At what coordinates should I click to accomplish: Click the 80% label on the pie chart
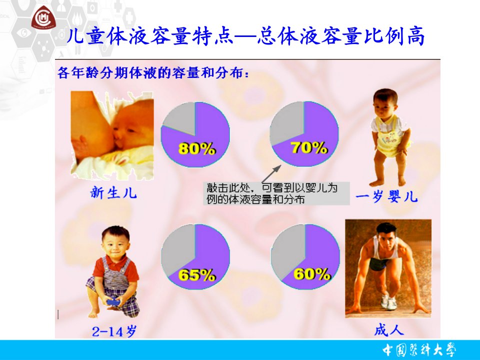(197, 149)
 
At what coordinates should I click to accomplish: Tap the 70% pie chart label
(309, 147)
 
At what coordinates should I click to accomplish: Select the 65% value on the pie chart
(197, 275)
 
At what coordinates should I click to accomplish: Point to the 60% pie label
(312, 274)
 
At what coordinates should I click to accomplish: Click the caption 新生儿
(113, 193)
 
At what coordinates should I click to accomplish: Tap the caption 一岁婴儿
(386, 196)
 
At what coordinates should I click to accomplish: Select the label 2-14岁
(114, 331)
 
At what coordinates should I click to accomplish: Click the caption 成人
(389, 330)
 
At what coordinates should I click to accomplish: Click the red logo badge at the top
(43, 18)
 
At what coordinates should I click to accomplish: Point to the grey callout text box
(276, 193)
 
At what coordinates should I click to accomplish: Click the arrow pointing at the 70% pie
(271, 174)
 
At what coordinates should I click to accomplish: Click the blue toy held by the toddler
(113, 301)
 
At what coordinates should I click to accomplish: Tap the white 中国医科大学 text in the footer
(419, 350)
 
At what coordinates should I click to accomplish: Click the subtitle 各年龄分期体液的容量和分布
(153, 73)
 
